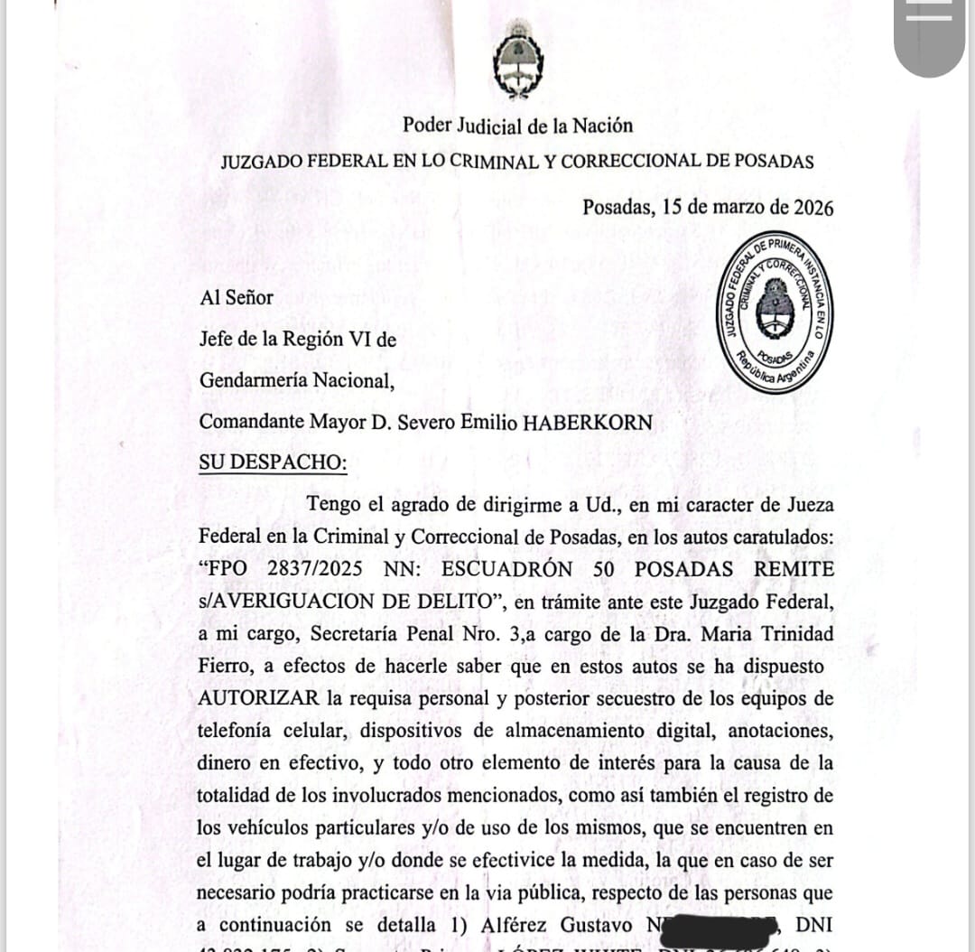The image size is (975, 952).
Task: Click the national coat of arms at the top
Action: point(518,60)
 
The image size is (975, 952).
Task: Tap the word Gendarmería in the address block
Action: point(254,380)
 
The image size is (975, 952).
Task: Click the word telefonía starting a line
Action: point(236,731)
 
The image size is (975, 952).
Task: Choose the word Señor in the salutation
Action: point(248,297)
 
